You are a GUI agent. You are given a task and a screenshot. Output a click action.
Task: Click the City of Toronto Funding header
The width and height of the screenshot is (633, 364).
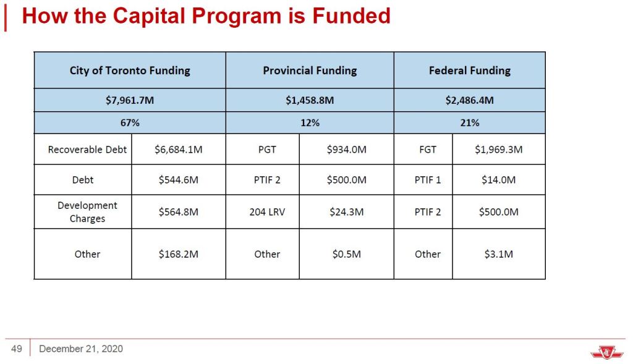point(130,70)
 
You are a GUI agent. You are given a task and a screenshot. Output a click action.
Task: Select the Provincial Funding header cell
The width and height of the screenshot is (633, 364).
point(310,70)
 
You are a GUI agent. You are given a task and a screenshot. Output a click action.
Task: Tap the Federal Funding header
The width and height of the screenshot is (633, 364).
point(470,70)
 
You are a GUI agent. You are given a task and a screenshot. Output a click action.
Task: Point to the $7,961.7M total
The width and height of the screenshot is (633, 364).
point(130,100)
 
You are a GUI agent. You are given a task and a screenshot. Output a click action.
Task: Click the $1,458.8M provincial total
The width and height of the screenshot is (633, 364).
point(310,100)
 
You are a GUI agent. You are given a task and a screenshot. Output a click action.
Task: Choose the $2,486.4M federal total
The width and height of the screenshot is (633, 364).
point(470,100)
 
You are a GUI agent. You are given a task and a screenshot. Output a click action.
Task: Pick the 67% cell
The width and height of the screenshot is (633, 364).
point(130,123)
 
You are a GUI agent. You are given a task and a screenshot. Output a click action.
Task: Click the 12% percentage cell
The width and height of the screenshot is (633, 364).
point(310,123)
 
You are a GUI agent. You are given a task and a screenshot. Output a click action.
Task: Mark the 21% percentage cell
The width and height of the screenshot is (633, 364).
point(470,123)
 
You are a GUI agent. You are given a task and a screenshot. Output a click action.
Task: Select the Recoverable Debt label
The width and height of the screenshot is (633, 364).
point(87,150)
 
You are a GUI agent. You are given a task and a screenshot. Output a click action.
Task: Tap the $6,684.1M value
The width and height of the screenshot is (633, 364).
point(179,150)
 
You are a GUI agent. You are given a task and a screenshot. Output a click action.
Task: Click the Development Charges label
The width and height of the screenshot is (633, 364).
point(87,212)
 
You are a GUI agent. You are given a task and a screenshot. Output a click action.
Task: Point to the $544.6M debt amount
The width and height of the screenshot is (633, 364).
point(179,180)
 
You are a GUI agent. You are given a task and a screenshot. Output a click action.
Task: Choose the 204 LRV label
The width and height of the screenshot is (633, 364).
point(267,212)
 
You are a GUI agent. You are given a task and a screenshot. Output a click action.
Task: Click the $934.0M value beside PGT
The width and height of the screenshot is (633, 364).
point(347,150)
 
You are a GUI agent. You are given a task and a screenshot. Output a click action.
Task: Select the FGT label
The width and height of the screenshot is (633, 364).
point(427,150)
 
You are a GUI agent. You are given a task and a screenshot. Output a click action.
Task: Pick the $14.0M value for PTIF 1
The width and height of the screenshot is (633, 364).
point(498,180)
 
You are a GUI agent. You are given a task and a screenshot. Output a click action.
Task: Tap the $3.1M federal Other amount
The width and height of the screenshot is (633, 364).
point(498,254)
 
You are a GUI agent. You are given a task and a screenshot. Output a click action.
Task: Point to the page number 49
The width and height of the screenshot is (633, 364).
point(17,349)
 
